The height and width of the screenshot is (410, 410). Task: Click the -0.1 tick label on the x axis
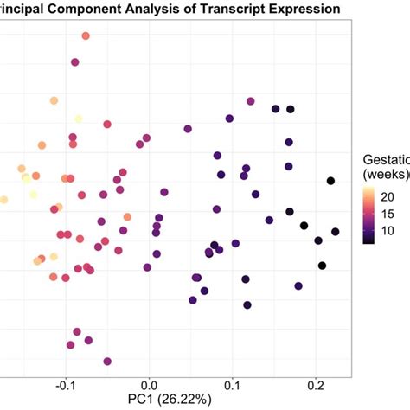(x=64, y=381)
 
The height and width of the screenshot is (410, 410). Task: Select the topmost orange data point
(x=86, y=36)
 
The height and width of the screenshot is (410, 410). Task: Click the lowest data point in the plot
(x=107, y=362)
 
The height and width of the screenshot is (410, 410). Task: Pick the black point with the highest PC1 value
(x=336, y=232)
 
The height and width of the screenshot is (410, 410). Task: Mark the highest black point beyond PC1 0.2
(x=330, y=181)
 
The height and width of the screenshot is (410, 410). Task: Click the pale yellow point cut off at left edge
(x=3, y=200)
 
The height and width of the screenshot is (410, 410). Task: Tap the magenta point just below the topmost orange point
(x=75, y=62)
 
